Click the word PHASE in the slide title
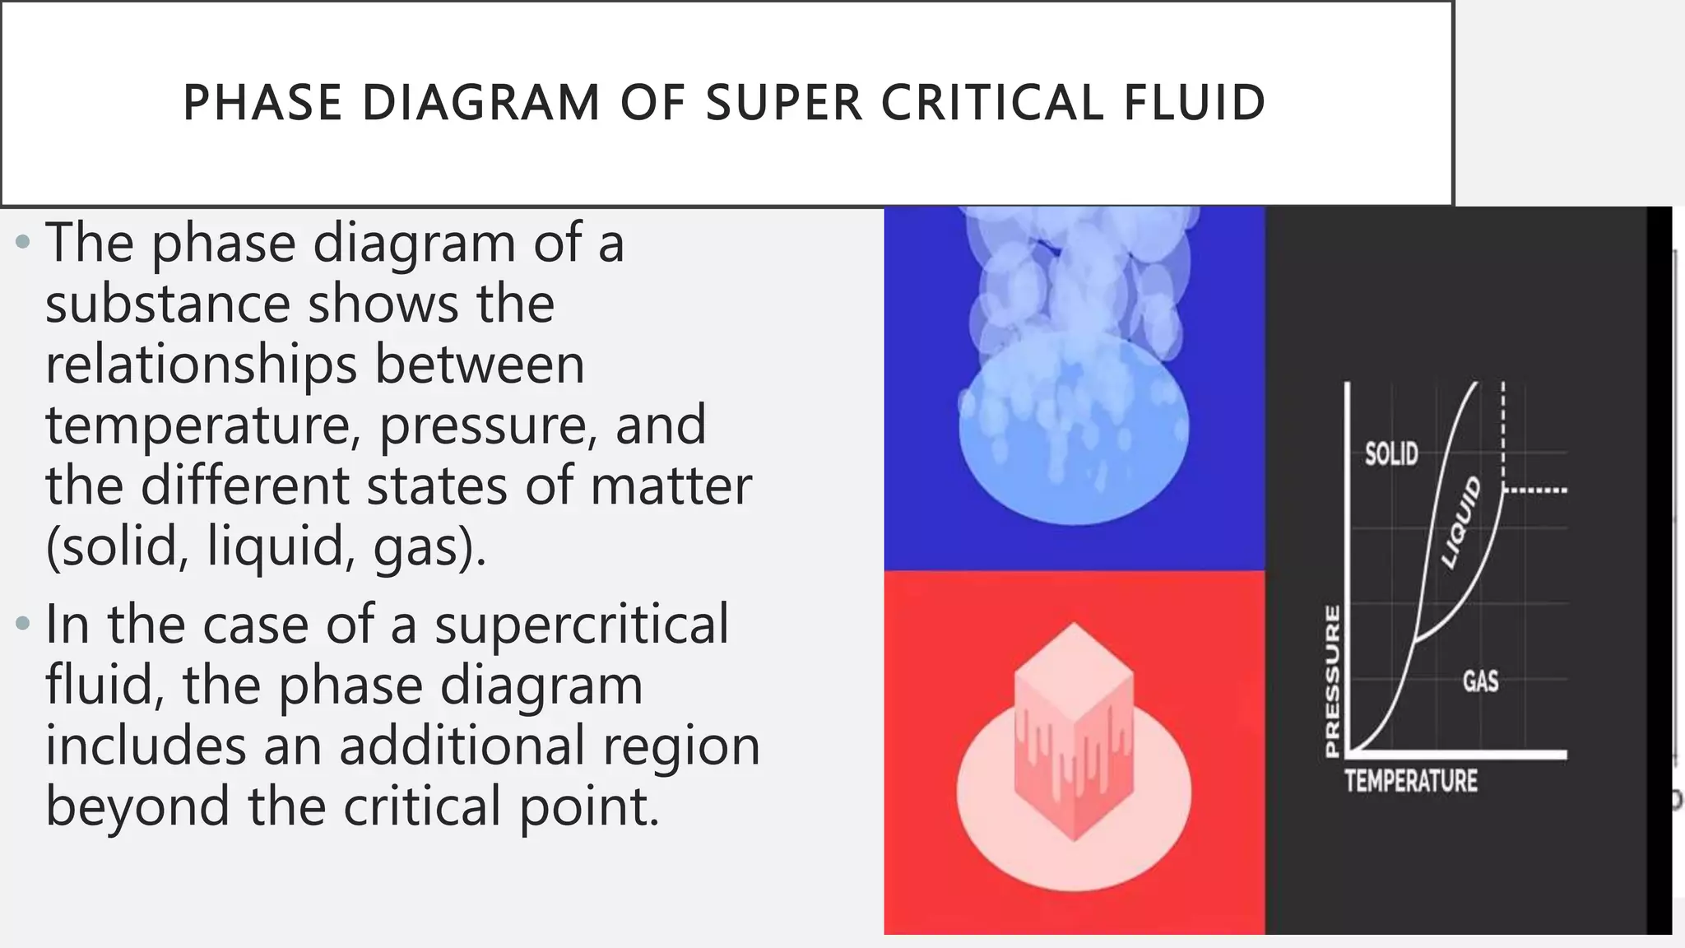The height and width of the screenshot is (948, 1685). pyautogui.click(x=262, y=103)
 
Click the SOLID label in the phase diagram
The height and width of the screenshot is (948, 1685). pyautogui.click(x=1391, y=453)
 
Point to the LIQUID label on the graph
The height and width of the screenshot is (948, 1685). pyautogui.click(x=1461, y=523)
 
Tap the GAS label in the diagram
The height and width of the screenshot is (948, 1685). pyautogui.click(x=1480, y=681)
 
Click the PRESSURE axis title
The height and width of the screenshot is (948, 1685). pyautogui.click(x=1332, y=681)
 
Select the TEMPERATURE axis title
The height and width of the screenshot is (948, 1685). pyautogui.click(x=1411, y=781)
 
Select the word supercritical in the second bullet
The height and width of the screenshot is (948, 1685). pyautogui.click(x=581, y=624)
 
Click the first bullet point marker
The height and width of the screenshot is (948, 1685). pyautogui.click(x=22, y=243)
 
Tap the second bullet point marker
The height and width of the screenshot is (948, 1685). pyautogui.click(x=22, y=623)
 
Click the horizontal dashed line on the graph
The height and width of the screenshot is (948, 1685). pyautogui.click(x=1535, y=490)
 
